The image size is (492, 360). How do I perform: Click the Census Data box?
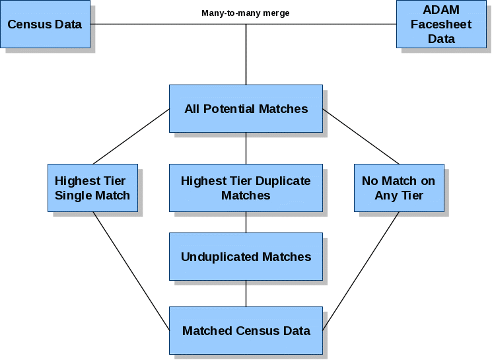coord(45,24)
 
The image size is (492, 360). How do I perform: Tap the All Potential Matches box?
coord(246,109)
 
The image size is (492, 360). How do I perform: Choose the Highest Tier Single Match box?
coord(92,188)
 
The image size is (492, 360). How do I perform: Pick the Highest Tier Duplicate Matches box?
coord(246,188)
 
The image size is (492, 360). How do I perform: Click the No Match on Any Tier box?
coord(399,188)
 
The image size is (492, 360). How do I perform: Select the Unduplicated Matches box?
coord(246,256)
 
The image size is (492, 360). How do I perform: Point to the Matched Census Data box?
coord(246,330)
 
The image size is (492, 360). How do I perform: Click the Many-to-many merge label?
coord(246,13)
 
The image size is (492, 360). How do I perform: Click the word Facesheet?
coord(441,24)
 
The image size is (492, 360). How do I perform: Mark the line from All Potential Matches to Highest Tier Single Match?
coord(131,137)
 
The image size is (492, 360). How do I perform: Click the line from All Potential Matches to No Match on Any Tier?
coord(361,137)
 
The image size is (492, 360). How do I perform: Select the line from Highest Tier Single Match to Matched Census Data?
coord(131,271)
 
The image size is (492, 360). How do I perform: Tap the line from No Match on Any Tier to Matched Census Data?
coord(361,271)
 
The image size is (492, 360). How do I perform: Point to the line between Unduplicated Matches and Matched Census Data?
coord(246,293)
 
